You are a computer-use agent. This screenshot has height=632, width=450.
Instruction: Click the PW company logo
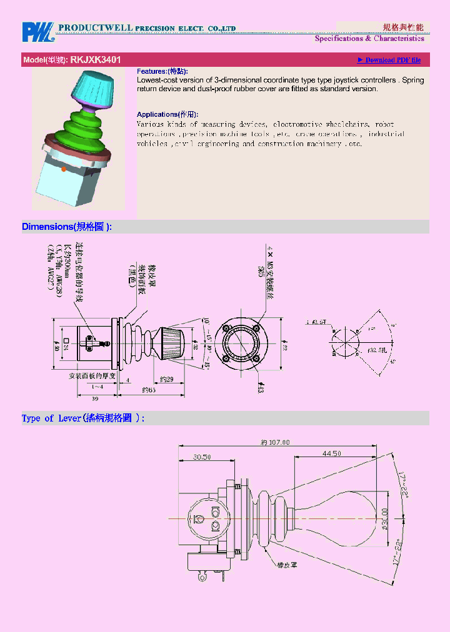coord(39,32)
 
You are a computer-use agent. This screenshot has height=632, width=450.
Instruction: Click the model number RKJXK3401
coord(96,60)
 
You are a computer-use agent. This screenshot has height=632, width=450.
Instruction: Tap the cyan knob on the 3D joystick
coord(93,88)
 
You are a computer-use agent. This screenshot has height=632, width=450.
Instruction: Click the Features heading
coord(162,72)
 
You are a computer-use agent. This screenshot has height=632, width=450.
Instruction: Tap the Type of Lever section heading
coord(83,418)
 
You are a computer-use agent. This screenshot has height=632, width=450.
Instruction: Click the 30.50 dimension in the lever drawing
coord(201,457)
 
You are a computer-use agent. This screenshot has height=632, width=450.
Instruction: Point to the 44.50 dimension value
coord(331,453)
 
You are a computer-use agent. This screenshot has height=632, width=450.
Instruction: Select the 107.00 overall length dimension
coord(275,442)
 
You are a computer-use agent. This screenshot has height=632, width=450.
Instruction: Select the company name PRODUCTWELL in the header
coord(95,28)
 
